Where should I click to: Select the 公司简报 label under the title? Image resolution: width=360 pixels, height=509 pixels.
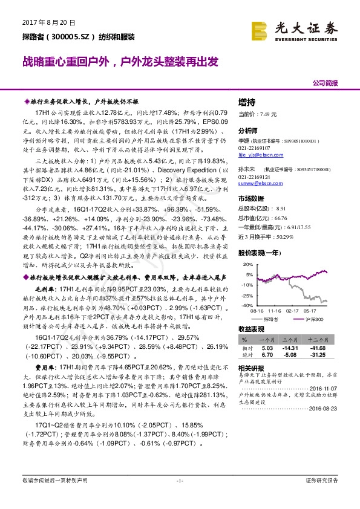pos(326,82)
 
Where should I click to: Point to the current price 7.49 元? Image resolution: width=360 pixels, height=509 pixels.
pos(266,114)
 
